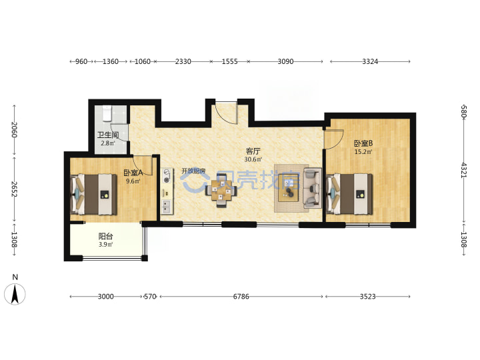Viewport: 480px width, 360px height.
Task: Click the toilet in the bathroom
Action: pos(107,113)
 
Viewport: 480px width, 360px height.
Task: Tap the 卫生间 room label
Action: pos(108,135)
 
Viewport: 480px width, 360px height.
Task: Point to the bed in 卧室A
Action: pos(94,195)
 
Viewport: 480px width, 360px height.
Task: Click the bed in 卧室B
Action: pos(349,194)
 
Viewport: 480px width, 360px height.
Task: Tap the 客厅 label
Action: pos(253,151)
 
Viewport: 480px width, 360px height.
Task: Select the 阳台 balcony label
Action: pos(105,236)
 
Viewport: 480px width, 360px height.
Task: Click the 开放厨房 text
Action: pos(193,171)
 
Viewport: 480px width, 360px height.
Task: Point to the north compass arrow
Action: pos(15,294)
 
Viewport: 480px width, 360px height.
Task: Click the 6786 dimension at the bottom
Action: pos(241,296)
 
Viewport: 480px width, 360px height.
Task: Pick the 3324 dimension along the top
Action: pos(370,61)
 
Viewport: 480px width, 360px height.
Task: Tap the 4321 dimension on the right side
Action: pos(464,170)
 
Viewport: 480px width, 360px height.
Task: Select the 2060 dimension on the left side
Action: pos(15,130)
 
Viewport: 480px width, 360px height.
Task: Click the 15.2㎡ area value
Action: pos(363,152)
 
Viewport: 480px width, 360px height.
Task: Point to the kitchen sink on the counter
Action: pos(167,206)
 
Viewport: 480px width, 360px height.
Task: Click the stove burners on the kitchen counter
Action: pos(167,176)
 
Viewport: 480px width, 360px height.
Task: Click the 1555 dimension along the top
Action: pos(229,61)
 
